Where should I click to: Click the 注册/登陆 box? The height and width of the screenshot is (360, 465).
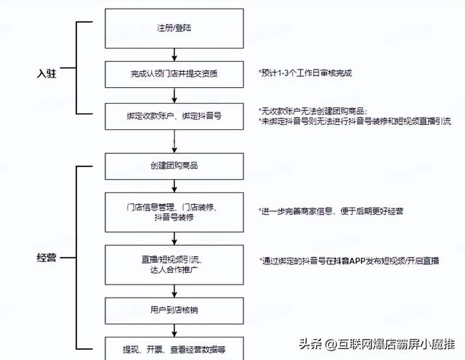point(174,28)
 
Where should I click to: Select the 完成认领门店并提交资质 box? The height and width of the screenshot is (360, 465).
point(174,73)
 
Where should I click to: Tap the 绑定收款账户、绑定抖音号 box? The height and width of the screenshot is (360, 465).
point(174,116)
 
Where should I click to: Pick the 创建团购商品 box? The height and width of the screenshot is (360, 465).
point(174,165)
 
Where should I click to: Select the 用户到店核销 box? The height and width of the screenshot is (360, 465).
point(174,310)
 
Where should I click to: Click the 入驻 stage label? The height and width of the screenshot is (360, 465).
point(47,73)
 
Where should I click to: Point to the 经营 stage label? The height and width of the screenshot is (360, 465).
point(47,258)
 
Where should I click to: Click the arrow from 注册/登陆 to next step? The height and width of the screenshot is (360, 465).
point(174,55)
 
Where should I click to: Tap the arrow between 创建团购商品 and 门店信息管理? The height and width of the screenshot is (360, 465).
point(174,186)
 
